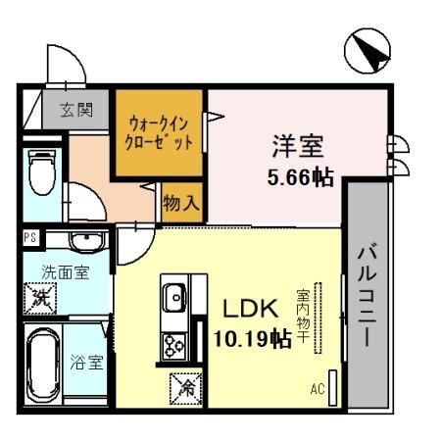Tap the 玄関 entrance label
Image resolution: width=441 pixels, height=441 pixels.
tap(75, 109)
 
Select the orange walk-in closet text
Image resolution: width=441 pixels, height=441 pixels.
tap(160, 132)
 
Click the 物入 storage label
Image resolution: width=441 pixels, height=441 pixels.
tap(182, 204)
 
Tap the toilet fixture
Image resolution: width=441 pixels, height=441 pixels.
tap(41, 172)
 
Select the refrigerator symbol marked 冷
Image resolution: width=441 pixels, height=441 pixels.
tap(184, 387)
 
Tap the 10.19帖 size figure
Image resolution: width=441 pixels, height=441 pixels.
tap(252, 340)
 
